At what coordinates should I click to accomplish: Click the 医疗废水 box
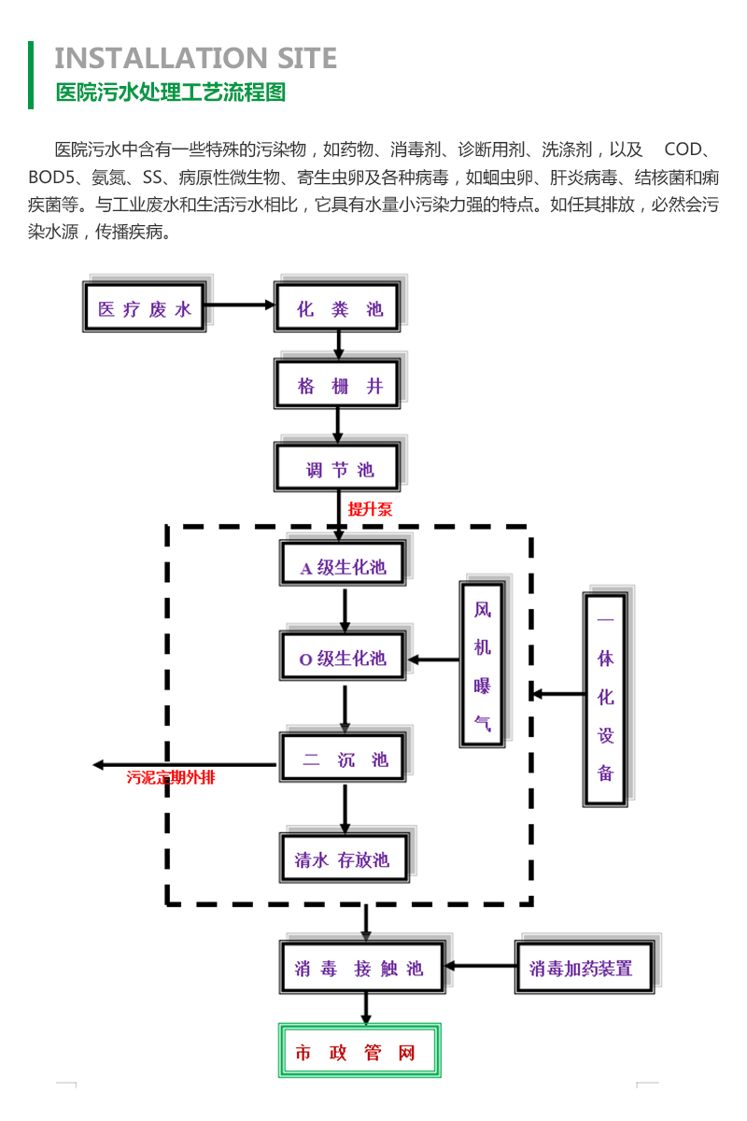point(145,309)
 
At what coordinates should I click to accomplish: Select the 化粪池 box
point(339,309)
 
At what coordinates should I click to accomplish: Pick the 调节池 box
point(339,469)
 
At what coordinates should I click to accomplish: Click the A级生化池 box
point(343,566)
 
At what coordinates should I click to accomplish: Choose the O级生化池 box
point(343,658)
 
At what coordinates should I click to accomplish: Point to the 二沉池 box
point(345,759)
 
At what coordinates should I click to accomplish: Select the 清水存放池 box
point(343,859)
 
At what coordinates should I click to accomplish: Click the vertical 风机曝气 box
point(482,664)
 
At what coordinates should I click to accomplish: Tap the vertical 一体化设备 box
point(605,698)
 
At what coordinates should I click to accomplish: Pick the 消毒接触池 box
point(360,968)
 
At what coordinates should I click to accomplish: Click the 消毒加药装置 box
point(583,968)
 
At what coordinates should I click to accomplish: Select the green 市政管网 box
point(359,1053)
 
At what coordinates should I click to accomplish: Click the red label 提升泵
point(371,510)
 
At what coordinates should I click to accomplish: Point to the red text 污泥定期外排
point(171,776)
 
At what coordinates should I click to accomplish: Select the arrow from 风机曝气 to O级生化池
point(434,660)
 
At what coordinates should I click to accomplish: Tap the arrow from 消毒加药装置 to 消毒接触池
point(480,967)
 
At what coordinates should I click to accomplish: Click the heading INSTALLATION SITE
point(195,59)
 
